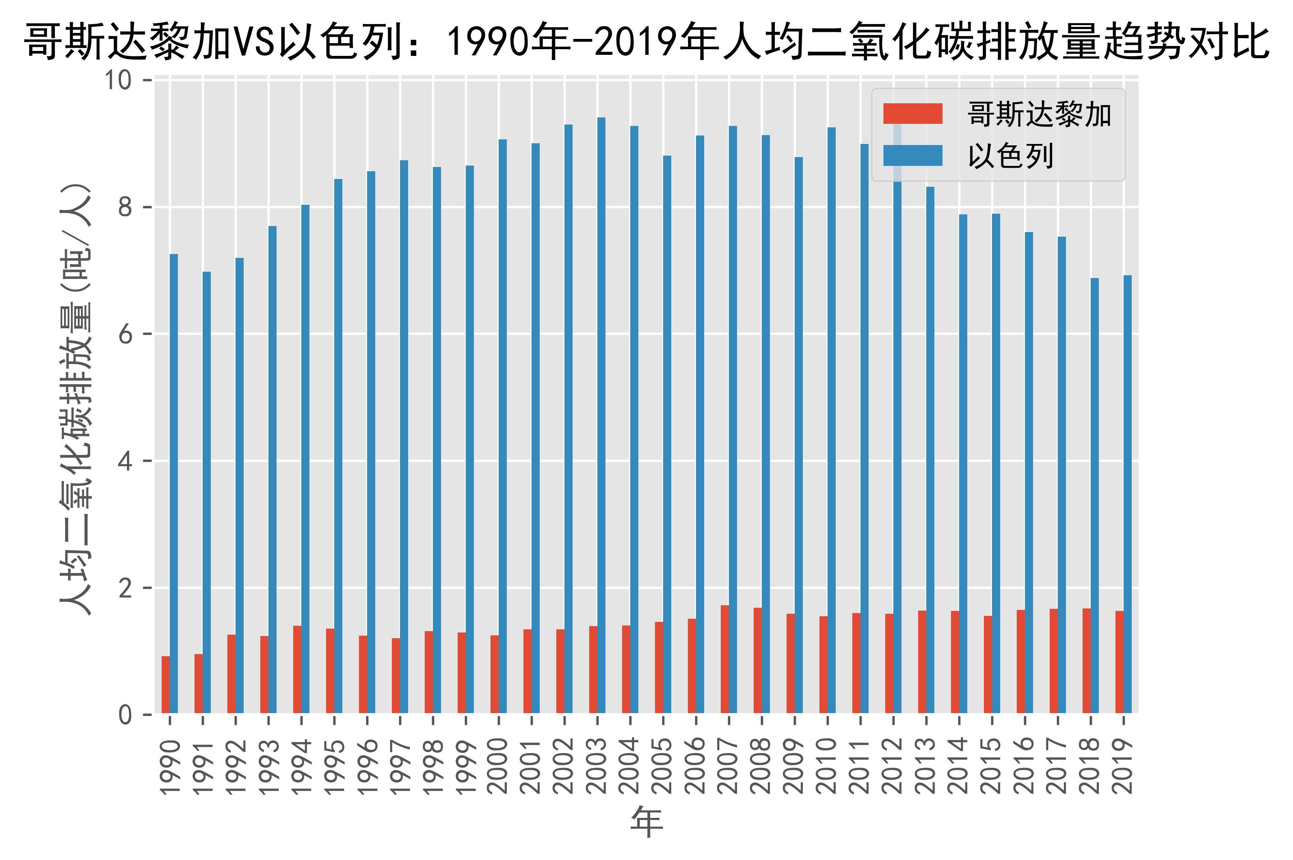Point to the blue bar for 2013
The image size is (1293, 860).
pos(930,450)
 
